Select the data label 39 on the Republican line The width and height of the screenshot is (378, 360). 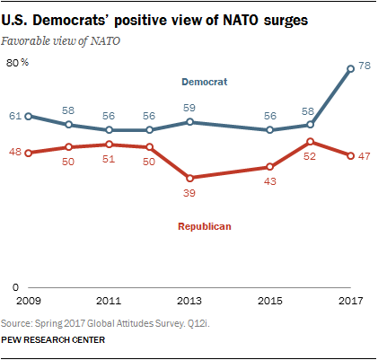[189, 193]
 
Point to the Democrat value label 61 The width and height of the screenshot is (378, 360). [15, 116]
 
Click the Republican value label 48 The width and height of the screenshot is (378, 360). [15, 153]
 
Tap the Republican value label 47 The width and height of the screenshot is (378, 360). [365, 155]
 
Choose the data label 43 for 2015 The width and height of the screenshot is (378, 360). [269, 182]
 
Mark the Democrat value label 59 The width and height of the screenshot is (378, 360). [189, 108]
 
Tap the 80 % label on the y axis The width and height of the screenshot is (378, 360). [18, 62]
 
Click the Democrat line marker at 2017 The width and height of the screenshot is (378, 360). [350, 68]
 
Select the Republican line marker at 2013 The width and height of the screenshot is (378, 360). [189, 178]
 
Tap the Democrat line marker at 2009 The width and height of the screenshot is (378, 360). [29, 116]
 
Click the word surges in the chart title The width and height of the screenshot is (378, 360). [268, 19]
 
